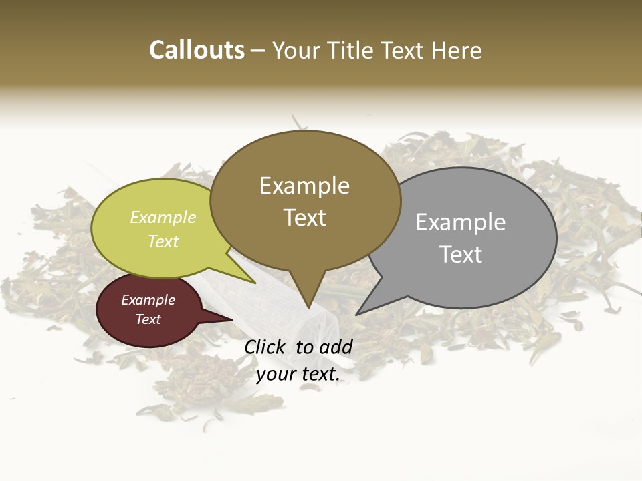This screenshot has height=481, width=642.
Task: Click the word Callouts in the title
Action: click(197, 50)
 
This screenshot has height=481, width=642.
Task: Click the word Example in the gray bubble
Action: click(460, 222)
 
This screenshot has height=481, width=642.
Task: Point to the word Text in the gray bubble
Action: click(460, 255)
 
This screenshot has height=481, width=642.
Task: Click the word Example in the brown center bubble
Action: click(304, 186)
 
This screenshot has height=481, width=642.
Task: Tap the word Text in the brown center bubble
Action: click(304, 218)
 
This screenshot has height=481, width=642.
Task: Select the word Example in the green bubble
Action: click(163, 217)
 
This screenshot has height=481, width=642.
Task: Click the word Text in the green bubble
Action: click(163, 241)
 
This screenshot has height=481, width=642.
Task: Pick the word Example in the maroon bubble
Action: click(148, 300)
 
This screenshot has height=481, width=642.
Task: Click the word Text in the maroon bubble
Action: click(148, 319)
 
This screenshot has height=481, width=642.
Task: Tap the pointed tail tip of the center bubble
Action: click(308, 307)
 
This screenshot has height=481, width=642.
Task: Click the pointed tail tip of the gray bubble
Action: click(357, 313)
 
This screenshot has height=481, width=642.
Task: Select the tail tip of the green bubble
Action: click(255, 283)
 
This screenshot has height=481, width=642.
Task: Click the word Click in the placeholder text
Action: click(265, 347)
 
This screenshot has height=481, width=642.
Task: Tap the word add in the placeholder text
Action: click(336, 347)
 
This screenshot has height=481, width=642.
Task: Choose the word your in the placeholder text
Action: click(275, 374)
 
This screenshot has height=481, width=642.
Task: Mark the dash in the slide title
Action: click(257, 51)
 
